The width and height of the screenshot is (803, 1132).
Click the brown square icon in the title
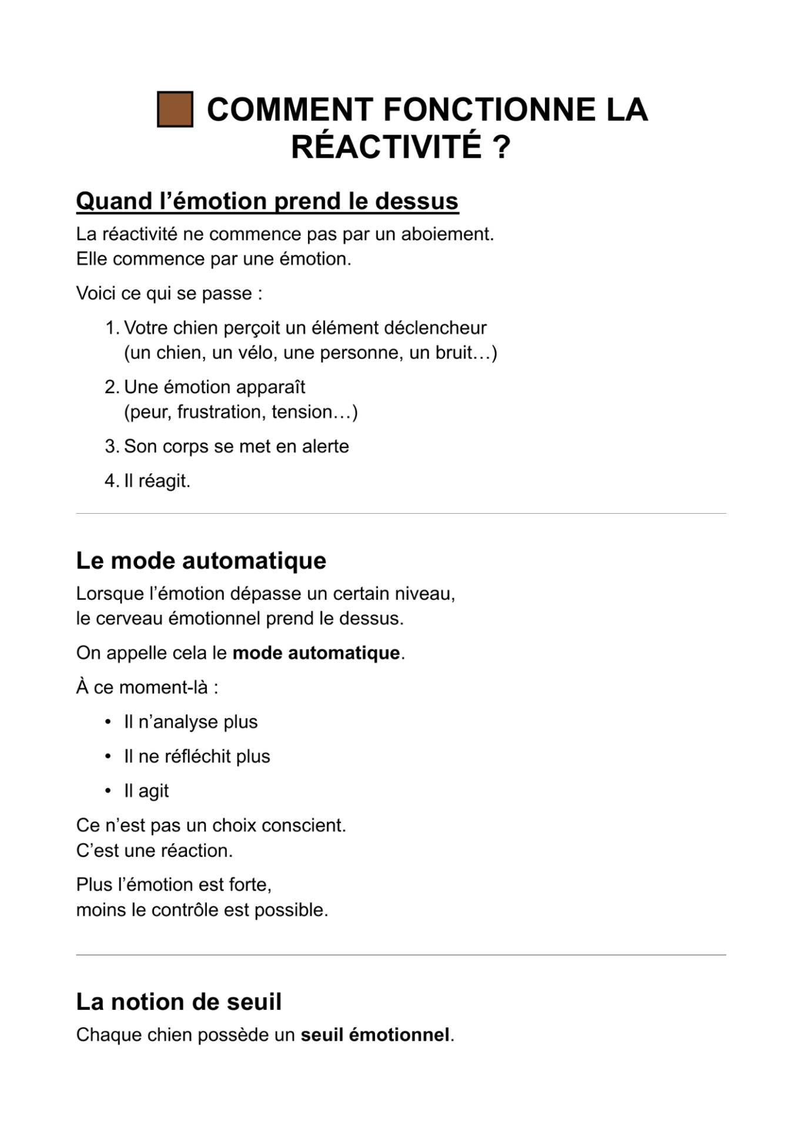pyautogui.click(x=175, y=109)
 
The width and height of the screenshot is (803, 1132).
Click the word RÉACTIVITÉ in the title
pyautogui.click(x=386, y=147)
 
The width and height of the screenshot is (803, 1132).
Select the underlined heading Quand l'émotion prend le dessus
pyautogui.click(x=267, y=201)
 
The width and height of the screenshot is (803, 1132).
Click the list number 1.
pyautogui.click(x=111, y=328)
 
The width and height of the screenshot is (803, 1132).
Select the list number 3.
pyautogui.click(x=111, y=447)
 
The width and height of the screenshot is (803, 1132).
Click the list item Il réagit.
pyautogui.click(x=157, y=481)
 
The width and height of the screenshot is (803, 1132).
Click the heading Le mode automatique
pyautogui.click(x=201, y=561)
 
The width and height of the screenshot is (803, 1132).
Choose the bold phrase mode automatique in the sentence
pyautogui.click(x=316, y=654)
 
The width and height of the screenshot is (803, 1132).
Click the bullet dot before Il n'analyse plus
pyautogui.click(x=108, y=722)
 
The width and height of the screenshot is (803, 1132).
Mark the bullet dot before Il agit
pyautogui.click(x=108, y=791)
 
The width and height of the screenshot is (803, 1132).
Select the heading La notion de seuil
pyautogui.click(x=179, y=1002)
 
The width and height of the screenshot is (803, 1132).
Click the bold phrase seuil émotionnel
pyautogui.click(x=375, y=1035)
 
